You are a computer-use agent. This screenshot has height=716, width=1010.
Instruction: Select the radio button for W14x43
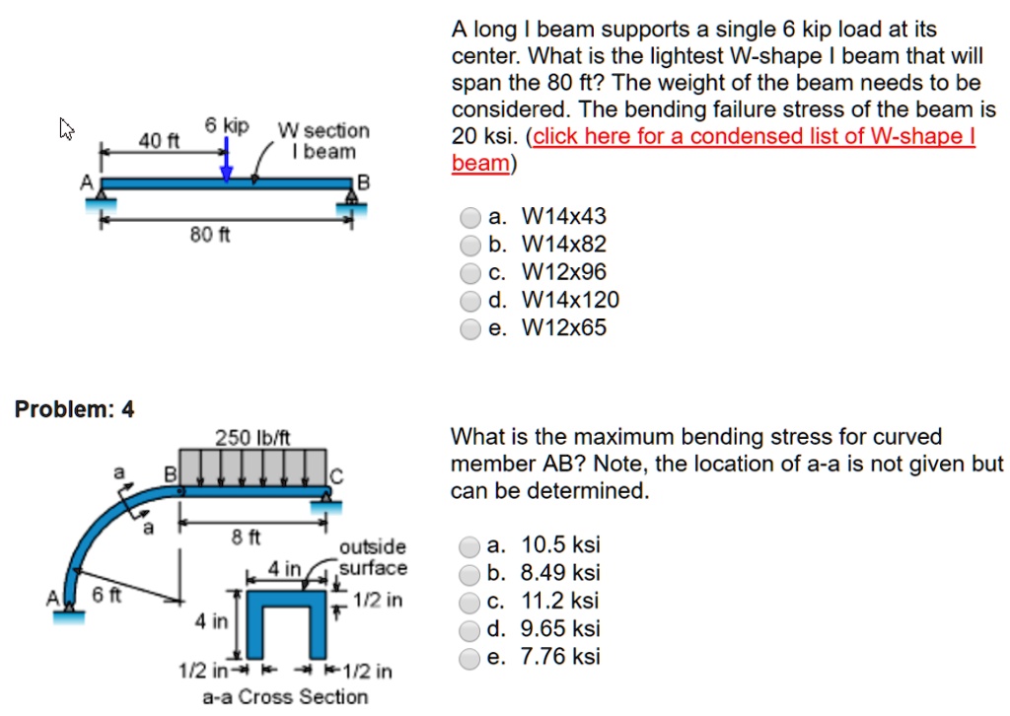click(471, 217)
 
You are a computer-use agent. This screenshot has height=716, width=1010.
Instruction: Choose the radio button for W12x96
click(471, 273)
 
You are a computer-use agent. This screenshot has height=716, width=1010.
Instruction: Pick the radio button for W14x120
click(471, 301)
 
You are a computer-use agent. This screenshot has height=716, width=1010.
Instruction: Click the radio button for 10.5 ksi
click(471, 545)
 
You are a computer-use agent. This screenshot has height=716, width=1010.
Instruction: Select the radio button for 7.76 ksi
click(471, 658)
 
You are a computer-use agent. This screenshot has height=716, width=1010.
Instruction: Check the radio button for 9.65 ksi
click(471, 629)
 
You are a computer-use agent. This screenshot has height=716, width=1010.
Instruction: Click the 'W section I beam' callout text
click(324, 140)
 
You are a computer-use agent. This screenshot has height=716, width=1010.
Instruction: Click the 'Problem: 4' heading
click(75, 408)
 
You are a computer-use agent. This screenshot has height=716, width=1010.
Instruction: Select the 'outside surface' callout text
click(372, 557)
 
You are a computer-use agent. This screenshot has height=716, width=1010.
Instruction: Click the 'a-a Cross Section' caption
click(285, 697)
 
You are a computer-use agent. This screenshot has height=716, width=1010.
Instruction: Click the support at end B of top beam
click(351, 202)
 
